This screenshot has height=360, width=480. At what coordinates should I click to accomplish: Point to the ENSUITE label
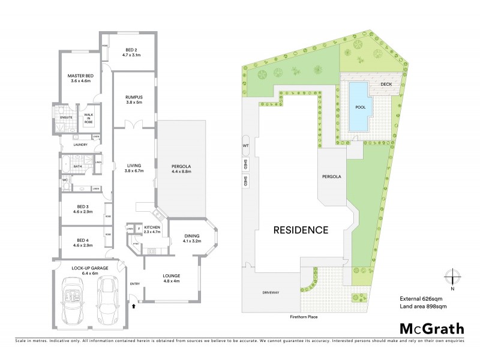coord(67,117)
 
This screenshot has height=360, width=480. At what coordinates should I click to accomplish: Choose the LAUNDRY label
coord(80,145)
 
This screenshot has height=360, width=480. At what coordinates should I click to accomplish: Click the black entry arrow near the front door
coord(133,306)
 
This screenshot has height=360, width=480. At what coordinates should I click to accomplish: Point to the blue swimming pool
coord(360,106)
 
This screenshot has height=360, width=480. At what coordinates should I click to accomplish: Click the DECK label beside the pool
coord(387,84)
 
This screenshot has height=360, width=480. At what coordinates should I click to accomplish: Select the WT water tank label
coord(245,146)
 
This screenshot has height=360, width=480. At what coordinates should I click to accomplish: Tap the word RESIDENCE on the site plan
coord(301,229)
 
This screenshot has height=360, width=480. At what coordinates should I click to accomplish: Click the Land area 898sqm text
coord(423,307)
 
